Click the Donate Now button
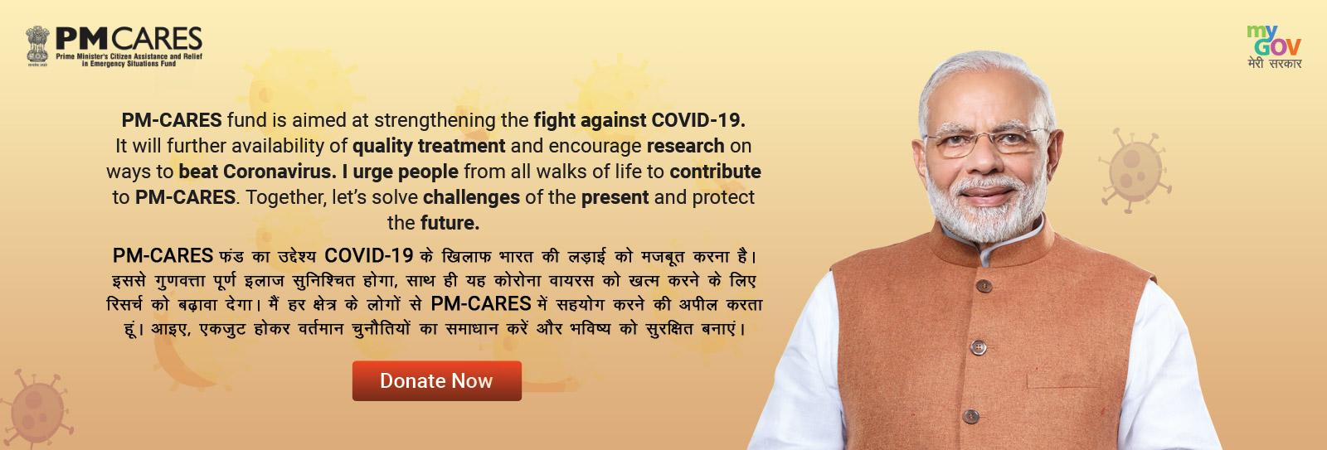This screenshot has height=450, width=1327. coord(436,380)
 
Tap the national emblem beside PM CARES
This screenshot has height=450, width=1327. coord(37,46)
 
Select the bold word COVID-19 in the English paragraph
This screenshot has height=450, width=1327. coord(698,120)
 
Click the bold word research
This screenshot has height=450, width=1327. coord(685,146)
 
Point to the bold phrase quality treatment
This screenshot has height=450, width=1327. coord(429,146)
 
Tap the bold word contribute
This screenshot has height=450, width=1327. coord(715,172)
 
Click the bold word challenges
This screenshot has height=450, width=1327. coord(471,197)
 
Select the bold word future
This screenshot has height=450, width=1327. coord(450,223)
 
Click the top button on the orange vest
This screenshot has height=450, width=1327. coord(984,287)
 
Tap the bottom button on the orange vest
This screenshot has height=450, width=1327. coord(970,416)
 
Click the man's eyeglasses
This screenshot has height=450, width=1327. coord(986,142)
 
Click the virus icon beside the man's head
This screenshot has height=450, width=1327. coord(1134,170)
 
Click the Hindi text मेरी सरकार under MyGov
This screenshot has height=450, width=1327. coord(1274,63)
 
